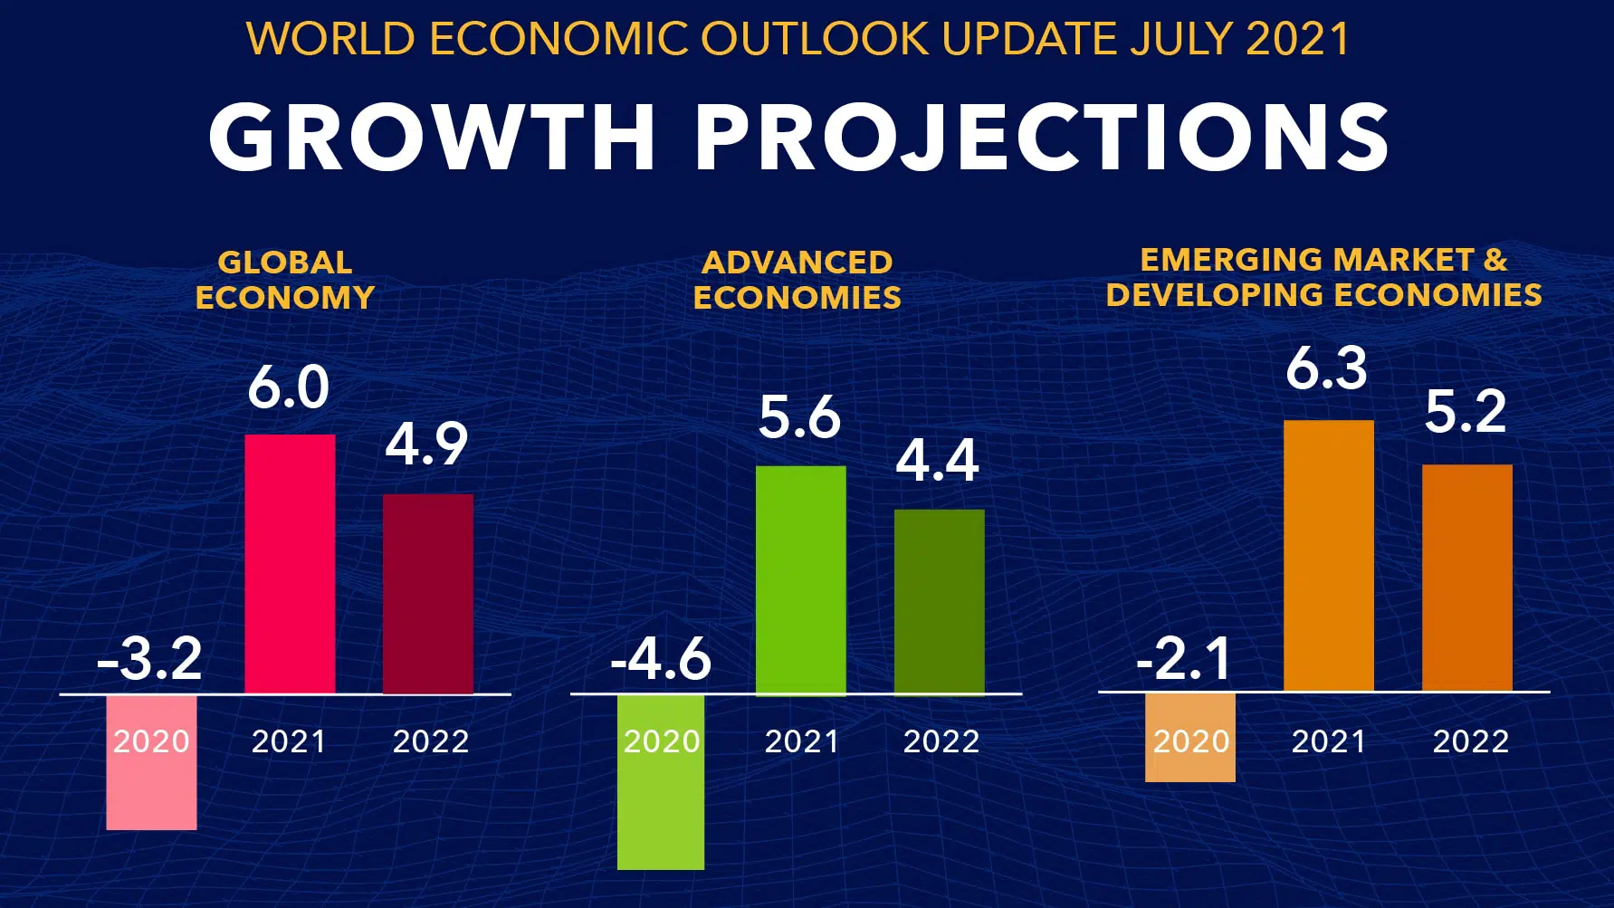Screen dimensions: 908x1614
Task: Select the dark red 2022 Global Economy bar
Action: coord(427,593)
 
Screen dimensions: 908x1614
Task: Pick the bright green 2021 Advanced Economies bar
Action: coord(800,579)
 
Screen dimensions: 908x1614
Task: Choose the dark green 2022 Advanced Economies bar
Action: coord(939,601)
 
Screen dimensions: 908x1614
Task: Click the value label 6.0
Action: coord(288,387)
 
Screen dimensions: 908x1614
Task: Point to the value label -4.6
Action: coord(661,658)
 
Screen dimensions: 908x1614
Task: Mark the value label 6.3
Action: coord(1326,368)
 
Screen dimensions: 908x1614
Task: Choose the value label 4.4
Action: coord(937,461)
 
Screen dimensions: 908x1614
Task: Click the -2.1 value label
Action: coord(1184,658)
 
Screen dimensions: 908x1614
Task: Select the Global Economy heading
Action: coord(284,280)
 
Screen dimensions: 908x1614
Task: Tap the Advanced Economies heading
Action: coord(797,280)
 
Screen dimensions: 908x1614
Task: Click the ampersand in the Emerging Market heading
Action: coord(1495,260)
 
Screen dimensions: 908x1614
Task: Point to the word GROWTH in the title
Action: coord(432,137)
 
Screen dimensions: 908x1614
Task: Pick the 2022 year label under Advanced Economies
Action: coord(941,741)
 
